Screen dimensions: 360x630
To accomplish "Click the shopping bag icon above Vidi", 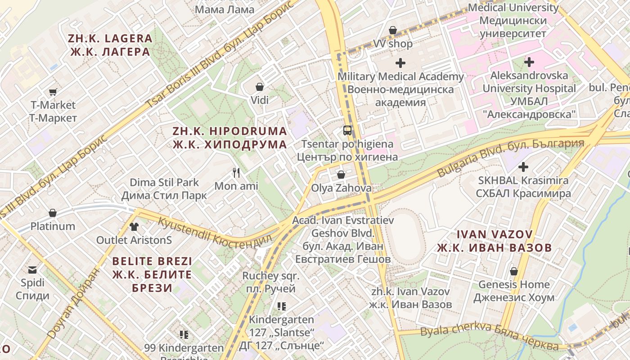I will pyautogui.click(x=259, y=86).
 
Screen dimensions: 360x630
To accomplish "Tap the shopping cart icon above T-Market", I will pyautogui.click(x=53, y=92).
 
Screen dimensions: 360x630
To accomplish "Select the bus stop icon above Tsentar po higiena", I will pyautogui.click(x=347, y=130).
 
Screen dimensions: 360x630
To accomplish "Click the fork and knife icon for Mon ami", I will pyautogui.click(x=236, y=172).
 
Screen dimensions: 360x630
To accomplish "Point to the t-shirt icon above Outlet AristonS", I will pyautogui.click(x=134, y=226).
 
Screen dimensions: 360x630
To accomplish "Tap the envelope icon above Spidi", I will pyautogui.click(x=32, y=270).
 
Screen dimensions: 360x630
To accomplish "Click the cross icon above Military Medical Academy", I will pyautogui.click(x=400, y=63).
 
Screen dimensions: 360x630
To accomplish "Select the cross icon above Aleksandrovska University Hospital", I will pyautogui.click(x=529, y=62).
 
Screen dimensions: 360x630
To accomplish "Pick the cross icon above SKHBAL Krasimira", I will pyautogui.click(x=523, y=167).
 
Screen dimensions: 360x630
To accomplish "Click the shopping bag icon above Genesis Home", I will pyautogui.click(x=513, y=271).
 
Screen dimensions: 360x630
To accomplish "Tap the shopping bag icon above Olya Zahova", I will pyautogui.click(x=341, y=174).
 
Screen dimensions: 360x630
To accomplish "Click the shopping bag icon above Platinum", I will pyautogui.click(x=53, y=212).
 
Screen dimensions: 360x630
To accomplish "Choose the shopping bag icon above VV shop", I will pyautogui.click(x=393, y=30).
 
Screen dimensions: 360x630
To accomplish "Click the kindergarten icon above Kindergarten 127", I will pyautogui.click(x=282, y=306).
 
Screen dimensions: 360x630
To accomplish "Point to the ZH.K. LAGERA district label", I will pyautogui.click(x=111, y=45).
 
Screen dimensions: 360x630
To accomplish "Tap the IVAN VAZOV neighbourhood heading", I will pyautogui.click(x=495, y=241).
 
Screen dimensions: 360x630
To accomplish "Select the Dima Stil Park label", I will pyautogui.click(x=164, y=189).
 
